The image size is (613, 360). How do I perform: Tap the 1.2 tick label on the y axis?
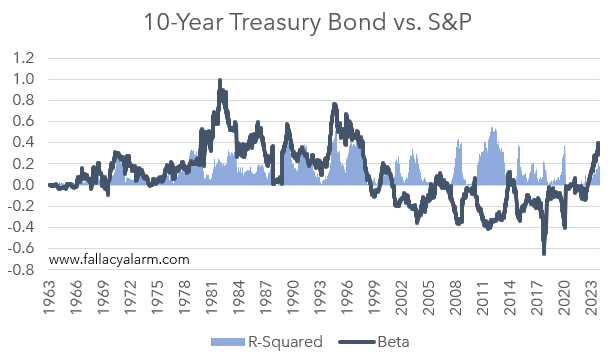[x=25, y=58]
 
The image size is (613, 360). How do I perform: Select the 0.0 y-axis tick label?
[x=25, y=185]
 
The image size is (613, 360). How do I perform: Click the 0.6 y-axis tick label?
[x=25, y=121]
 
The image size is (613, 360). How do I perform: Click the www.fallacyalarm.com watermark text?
[x=119, y=259]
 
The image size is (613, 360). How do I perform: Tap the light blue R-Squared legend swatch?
[x=227, y=342]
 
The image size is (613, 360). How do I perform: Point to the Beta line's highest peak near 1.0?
[x=219, y=80]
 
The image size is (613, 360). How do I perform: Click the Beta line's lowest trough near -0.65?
[x=544, y=253]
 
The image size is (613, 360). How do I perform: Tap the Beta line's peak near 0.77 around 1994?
[x=334, y=104]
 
